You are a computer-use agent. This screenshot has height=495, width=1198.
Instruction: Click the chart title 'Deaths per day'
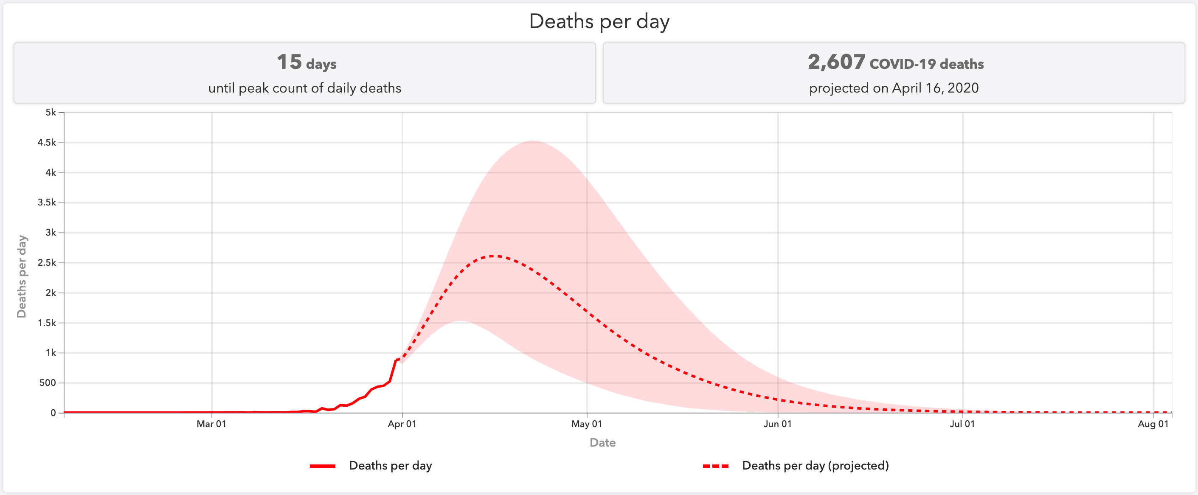click(599, 21)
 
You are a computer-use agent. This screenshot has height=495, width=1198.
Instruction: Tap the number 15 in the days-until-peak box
click(289, 62)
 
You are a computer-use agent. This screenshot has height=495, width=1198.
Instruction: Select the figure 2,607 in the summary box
click(836, 62)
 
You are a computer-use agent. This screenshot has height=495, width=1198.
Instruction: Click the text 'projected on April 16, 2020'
click(893, 88)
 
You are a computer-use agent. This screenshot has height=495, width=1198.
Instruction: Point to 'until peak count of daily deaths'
click(305, 88)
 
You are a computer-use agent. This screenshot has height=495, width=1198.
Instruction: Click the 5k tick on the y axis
click(51, 112)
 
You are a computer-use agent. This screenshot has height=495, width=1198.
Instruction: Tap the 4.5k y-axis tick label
click(47, 142)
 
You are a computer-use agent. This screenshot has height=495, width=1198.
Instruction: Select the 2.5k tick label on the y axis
click(47, 263)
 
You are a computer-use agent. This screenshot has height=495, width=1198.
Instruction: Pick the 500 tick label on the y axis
click(48, 383)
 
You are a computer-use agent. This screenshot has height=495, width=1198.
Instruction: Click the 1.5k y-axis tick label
click(47, 323)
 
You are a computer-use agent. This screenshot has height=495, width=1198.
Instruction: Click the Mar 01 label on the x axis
click(211, 424)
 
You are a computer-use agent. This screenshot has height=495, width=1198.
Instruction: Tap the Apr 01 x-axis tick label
click(402, 424)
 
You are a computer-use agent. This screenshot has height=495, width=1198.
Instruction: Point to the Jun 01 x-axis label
click(777, 424)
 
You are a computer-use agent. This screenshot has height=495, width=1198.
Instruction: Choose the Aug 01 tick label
click(1153, 424)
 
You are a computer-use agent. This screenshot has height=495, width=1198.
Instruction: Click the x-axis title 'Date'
click(602, 442)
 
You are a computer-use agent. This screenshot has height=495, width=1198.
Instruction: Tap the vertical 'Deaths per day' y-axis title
click(21, 276)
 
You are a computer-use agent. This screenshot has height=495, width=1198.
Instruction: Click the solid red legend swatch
click(323, 466)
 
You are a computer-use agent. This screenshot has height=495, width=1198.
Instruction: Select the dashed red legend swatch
click(716, 466)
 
